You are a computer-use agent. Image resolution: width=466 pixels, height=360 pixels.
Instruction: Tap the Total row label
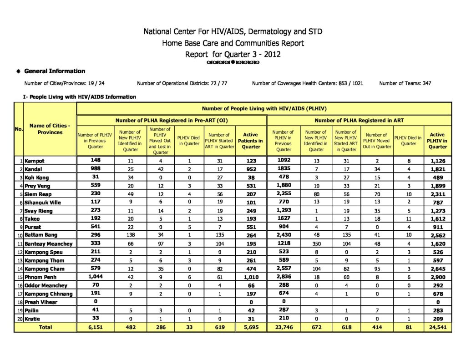(45, 327)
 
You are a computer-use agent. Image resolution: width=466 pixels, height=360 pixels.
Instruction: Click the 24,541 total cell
(437, 327)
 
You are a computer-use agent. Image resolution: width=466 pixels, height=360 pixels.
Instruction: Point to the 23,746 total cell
(284, 327)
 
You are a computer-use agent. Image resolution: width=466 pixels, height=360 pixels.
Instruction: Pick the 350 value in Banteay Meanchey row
(316, 244)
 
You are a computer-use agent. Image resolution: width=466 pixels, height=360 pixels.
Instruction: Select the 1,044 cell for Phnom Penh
(96, 277)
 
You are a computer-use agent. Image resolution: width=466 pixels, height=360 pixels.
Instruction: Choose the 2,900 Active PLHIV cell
(437, 277)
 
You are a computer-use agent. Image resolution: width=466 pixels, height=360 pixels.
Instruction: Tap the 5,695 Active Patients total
(250, 327)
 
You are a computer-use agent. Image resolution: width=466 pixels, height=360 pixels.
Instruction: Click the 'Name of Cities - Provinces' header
(50, 129)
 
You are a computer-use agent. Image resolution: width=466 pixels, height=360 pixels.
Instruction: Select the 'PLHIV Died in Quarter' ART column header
(408, 141)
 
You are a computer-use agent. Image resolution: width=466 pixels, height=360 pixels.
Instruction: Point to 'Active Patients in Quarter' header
(250, 141)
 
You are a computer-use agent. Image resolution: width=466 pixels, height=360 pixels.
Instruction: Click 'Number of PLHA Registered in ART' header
(360, 120)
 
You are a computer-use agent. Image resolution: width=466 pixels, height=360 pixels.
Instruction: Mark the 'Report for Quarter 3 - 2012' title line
(233, 55)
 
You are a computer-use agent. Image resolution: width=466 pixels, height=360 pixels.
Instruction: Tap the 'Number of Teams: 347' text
(405, 83)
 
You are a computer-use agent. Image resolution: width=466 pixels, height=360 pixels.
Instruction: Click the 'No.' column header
(19, 129)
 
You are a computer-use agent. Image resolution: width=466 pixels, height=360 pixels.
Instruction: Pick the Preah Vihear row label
(41, 302)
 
